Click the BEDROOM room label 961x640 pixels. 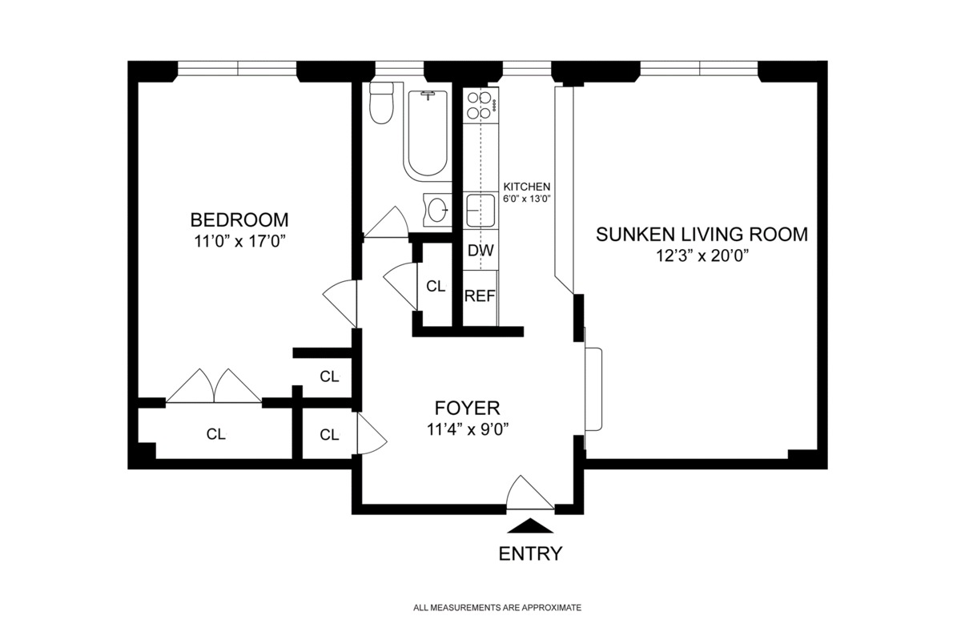pos(239,220)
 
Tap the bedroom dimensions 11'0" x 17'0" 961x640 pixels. pos(239,241)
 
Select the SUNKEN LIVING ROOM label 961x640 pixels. pos(702,235)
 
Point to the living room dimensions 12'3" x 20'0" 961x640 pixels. pos(702,256)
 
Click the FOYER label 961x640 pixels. pos(467,409)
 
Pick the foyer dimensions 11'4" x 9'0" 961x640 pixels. pos(468,429)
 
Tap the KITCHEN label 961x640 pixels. pos(526,187)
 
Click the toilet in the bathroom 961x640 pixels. pos(381,103)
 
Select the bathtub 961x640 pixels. pos(428,133)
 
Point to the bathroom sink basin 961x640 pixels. pos(437,210)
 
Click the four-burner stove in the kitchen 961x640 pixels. pos(480,106)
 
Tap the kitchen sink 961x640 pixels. pos(480,211)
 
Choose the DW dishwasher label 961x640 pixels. pos(480,251)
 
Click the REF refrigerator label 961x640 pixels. pos(480,296)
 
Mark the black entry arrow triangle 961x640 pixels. pos(530,525)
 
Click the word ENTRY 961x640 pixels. pos(530,553)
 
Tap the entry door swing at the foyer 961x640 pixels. pos(530,493)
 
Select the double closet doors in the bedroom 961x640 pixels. pos(214,385)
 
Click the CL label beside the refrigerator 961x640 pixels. pos(436,286)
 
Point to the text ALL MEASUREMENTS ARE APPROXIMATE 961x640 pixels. pos(497,608)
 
